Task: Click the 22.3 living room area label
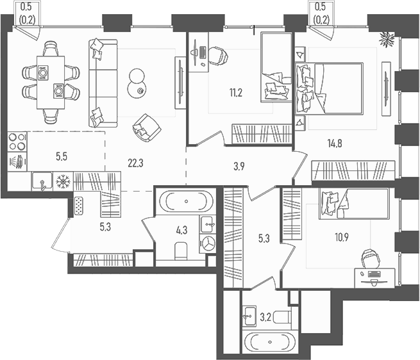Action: (135, 163)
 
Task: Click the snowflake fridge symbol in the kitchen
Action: (63, 182)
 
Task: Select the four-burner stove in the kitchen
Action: (17, 141)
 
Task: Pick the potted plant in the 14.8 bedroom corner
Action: (386, 39)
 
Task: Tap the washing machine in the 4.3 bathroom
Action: (208, 243)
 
